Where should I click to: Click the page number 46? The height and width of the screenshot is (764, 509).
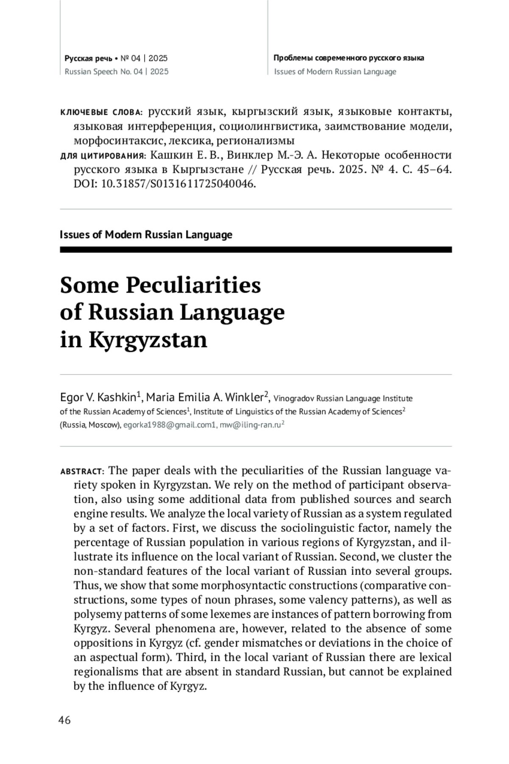pos(64,720)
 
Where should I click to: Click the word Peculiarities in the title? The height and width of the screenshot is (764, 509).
pos(193,285)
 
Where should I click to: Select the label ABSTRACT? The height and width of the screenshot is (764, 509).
pos(81,472)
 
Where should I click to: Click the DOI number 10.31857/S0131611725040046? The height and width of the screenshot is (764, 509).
pos(178,184)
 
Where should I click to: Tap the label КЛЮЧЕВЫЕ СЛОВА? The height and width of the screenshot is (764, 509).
pos(103,112)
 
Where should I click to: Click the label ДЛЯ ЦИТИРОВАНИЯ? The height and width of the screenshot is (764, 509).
pos(103,156)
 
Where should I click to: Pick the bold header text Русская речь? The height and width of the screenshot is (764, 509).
pos(88,58)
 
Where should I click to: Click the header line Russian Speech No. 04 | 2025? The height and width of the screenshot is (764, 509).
pos(116,72)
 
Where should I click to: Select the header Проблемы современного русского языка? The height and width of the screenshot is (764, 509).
pos(349,58)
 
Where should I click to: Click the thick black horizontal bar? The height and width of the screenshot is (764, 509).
pos(255,250)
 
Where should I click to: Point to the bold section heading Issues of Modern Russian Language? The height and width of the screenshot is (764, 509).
pos(146,235)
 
